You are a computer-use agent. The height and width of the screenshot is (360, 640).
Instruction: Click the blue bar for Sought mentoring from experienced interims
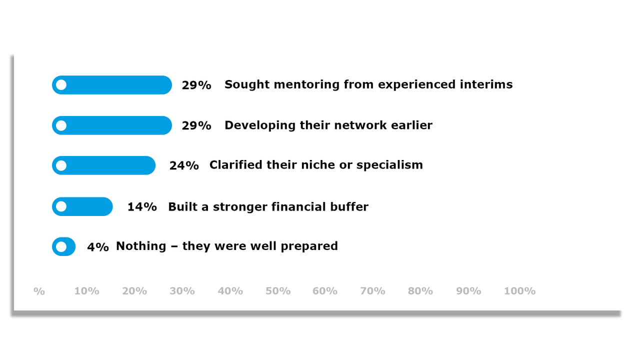click(x=112, y=85)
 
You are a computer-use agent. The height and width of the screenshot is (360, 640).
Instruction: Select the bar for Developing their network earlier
click(x=112, y=125)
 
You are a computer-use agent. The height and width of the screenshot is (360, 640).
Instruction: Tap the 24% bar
click(x=104, y=165)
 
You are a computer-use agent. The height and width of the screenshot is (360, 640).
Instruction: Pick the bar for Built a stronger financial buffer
click(x=82, y=206)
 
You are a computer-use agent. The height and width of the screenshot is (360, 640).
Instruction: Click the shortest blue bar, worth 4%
click(x=64, y=246)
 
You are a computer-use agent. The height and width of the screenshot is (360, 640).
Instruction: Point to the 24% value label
click(x=184, y=165)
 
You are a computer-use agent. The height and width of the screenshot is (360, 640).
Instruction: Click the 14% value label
click(x=142, y=206)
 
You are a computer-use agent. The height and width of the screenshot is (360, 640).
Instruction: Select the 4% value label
click(x=98, y=246)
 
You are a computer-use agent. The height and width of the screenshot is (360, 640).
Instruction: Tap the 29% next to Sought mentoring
click(x=196, y=85)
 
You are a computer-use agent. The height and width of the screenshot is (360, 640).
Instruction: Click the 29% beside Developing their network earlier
click(x=196, y=125)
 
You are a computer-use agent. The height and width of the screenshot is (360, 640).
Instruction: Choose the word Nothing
click(x=141, y=246)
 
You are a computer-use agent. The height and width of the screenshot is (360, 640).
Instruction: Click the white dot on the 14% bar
click(x=61, y=206)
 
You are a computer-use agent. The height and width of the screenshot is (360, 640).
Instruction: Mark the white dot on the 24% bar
click(x=61, y=165)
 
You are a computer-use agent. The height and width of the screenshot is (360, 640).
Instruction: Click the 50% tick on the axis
click(x=278, y=291)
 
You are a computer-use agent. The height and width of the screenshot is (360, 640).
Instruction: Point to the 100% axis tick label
click(x=519, y=291)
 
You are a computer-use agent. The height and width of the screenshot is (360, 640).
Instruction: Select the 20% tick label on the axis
click(x=134, y=291)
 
